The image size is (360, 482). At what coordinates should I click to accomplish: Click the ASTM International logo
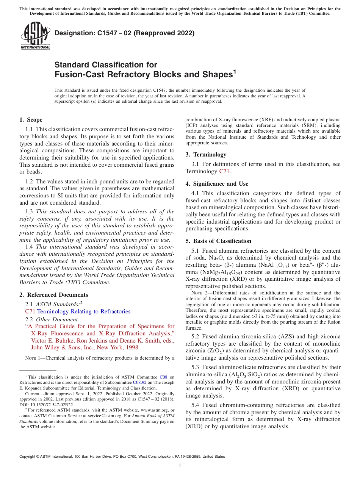click(35, 36)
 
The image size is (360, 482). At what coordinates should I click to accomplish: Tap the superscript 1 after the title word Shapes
click(234, 70)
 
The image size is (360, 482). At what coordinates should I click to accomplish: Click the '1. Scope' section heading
click(31, 120)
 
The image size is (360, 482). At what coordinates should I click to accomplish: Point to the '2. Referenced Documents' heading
click(53, 295)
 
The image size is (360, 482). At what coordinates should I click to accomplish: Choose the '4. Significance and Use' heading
click(217, 184)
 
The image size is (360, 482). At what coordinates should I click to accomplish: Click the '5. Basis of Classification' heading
click(218, 241)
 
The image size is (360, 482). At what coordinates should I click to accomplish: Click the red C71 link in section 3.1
click(224, 171)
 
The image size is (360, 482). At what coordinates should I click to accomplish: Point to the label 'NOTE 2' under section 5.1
click(199, 293)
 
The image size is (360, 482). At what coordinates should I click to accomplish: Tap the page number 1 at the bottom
click(180, 465)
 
